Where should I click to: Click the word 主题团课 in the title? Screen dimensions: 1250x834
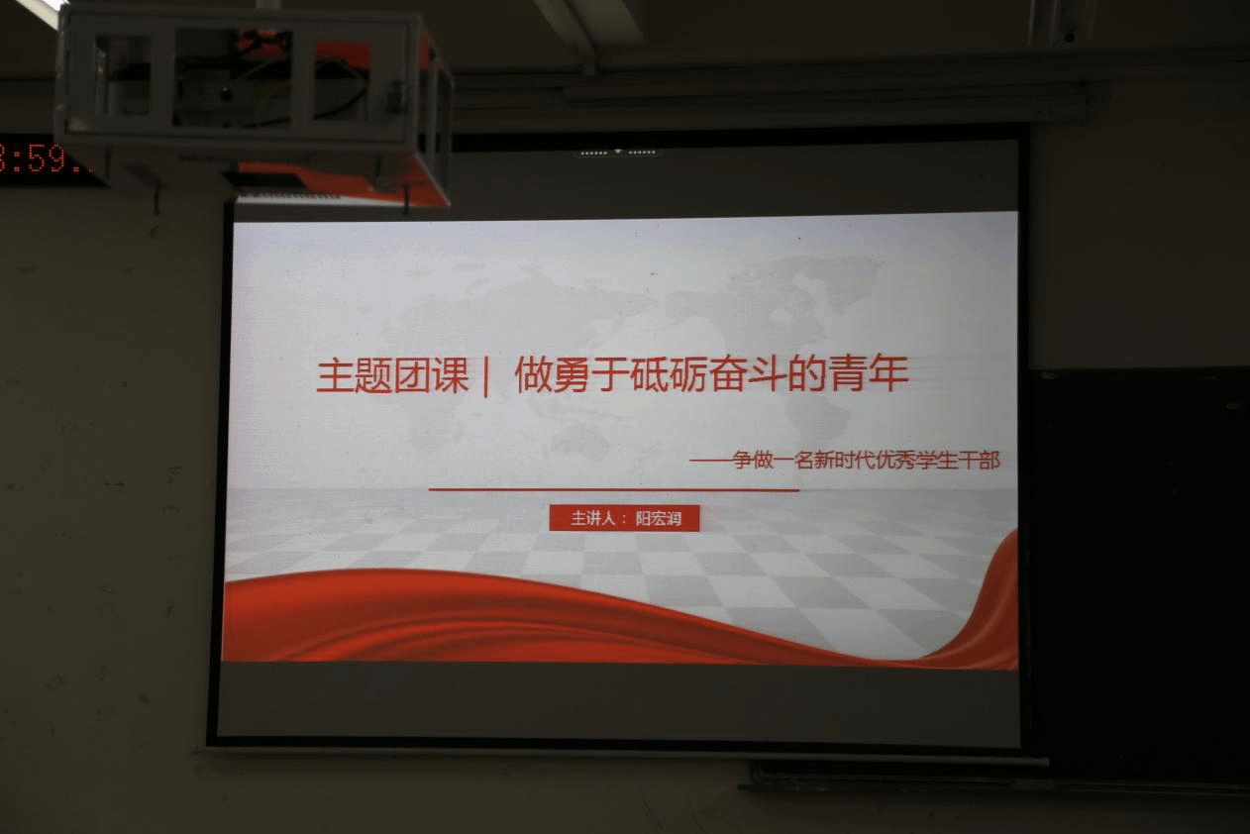tap(393, 375)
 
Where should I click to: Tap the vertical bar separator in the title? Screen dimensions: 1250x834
tap(486, 377)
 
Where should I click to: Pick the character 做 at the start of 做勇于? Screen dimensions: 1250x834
tap(533, 374)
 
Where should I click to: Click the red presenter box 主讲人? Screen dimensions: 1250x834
tap(624, 518)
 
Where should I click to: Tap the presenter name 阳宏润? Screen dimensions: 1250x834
tap(659, 519)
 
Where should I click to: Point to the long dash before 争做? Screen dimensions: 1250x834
tap(711, 461)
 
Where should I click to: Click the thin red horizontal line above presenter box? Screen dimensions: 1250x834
tap(614, 489)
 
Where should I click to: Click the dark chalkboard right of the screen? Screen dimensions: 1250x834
tap(1138, 574)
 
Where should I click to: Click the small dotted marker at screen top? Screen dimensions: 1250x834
tap(618, 152)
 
